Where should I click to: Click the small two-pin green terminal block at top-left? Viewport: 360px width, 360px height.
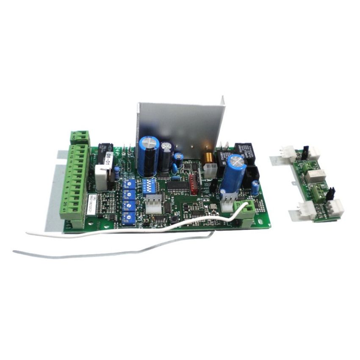tap(80, 137)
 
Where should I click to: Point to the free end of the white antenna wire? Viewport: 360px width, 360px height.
tap(27, 233)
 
